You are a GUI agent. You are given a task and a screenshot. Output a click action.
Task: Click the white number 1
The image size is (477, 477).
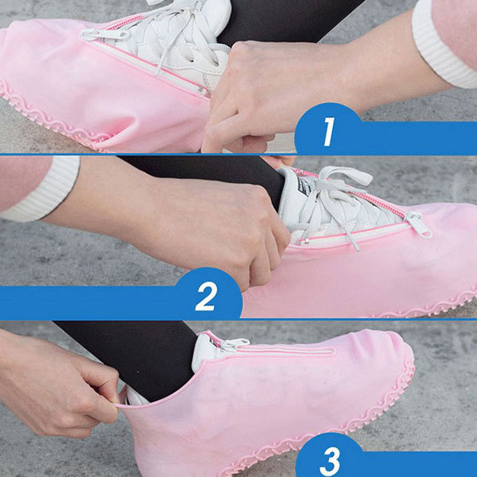328,131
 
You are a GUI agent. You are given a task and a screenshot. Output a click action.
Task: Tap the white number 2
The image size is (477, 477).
207,296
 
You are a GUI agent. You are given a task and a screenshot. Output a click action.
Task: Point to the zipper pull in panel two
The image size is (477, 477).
418,224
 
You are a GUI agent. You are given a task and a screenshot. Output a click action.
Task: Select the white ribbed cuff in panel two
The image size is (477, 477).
46,189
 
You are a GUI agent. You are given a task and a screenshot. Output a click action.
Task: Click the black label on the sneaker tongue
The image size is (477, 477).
304,186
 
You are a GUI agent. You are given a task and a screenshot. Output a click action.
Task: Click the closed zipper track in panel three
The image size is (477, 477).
286,351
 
